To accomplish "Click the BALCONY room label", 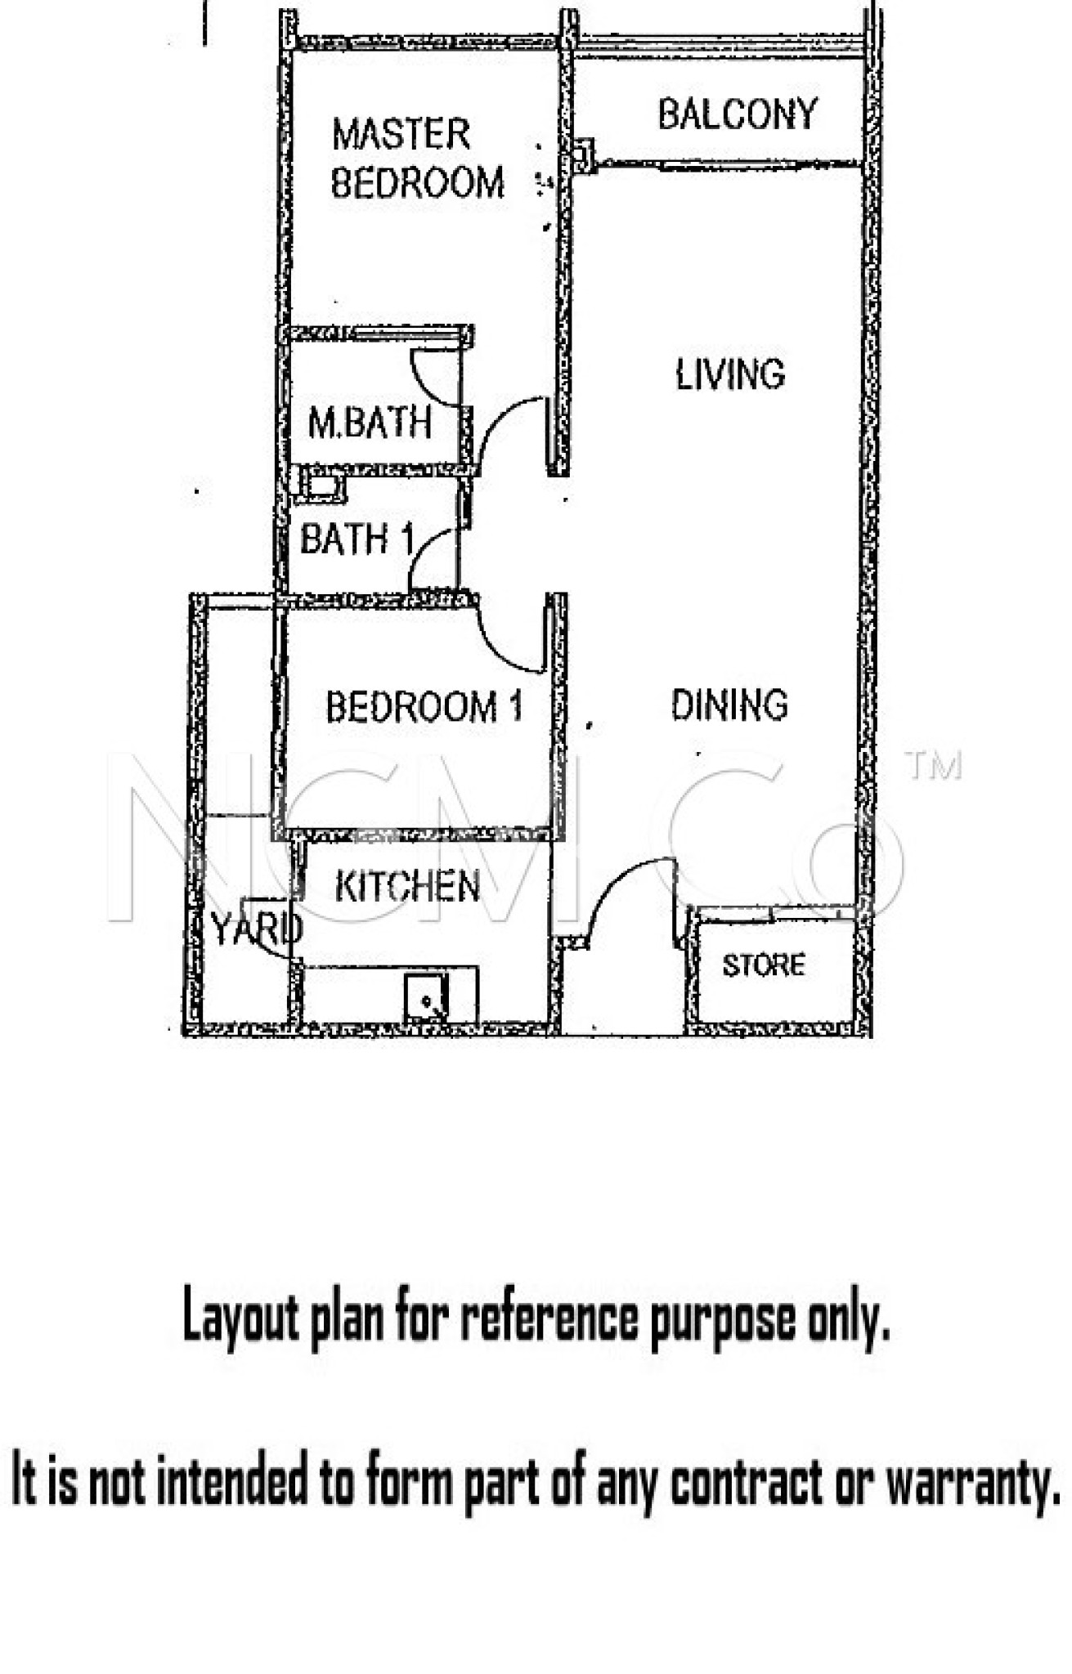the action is (738, 114).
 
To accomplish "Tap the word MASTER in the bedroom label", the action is (401, 134).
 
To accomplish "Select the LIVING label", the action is (730, 374).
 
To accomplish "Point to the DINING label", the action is (729, 705).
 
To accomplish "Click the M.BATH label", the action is (370, 423).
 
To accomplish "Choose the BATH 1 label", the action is (357, 539).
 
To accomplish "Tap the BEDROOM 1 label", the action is (424, 707).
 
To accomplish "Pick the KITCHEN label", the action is (408, 887).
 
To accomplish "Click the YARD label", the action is (257, 929).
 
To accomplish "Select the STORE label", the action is (764, 965).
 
